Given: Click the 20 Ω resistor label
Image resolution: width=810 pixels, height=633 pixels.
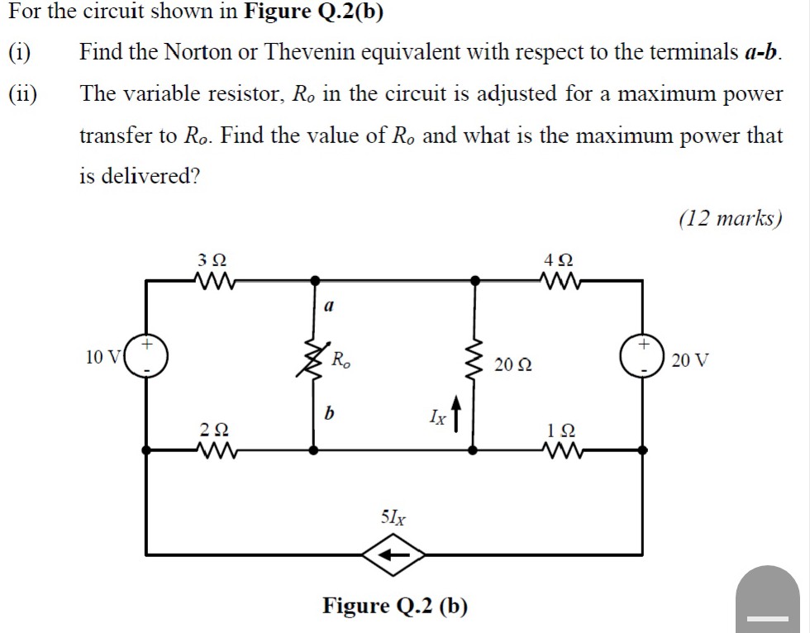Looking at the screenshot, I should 513,364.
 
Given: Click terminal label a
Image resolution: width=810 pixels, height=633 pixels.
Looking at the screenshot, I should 328,307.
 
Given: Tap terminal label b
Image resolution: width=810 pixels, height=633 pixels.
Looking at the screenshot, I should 329,412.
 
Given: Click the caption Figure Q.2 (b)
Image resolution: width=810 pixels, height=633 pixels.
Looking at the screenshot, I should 394,606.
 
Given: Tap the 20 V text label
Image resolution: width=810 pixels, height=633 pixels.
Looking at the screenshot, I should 690,360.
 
